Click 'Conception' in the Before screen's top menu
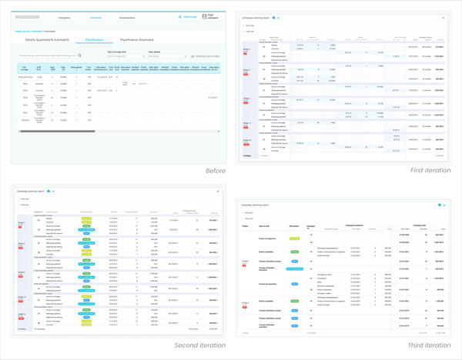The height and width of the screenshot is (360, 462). click(x=64, y=18)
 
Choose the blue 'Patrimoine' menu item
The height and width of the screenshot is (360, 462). click(x=95, y=18)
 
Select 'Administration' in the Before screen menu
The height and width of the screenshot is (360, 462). click(x=127, y=18)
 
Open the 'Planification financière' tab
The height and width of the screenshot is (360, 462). click(x=137, y=40)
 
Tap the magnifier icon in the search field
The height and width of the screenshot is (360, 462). click(x=79, y=55)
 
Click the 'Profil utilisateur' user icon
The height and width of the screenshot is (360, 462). click(x=205, y=16)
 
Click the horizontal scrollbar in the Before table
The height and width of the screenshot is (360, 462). click(x=115, y=131)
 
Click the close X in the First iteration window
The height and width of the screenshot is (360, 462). click(x=444, y=18)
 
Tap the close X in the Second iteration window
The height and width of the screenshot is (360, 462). click(x=218, y=191)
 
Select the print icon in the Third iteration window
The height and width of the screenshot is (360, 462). click(x=439, y=205)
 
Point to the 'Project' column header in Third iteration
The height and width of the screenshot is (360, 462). click(x=245, y=226)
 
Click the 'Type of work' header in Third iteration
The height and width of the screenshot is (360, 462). click(x=264, y=226)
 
